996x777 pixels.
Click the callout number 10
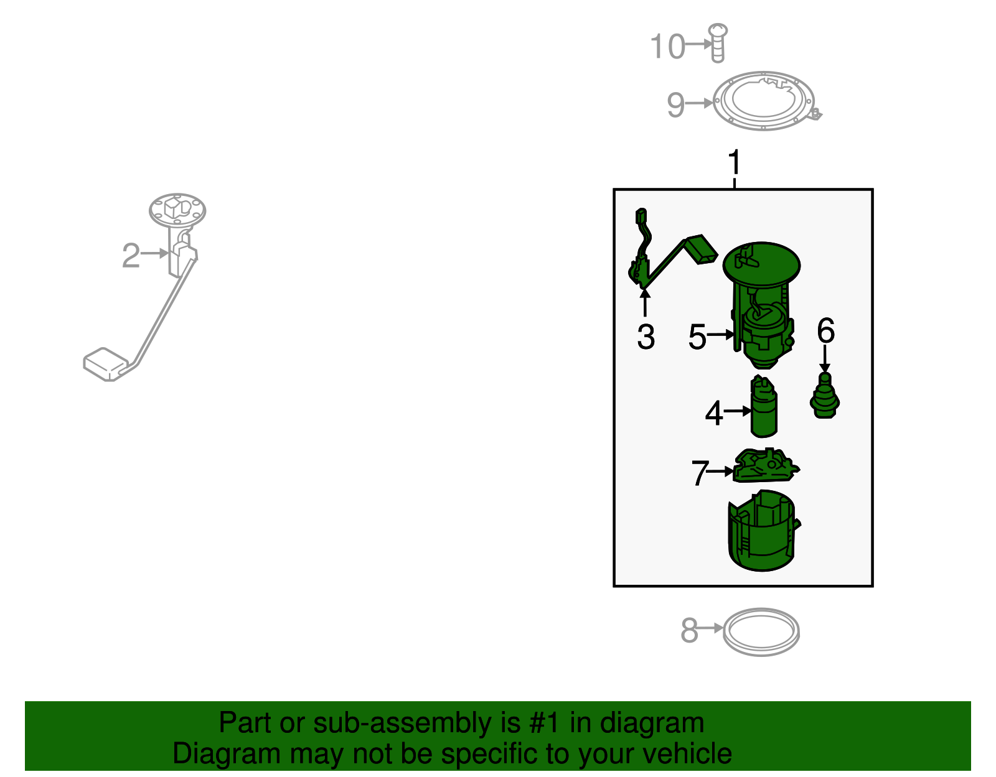667,46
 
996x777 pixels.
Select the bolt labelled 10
717,43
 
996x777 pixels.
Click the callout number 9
676,105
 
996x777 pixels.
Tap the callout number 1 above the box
735,162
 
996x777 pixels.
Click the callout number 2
131,256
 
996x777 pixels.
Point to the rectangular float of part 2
106,364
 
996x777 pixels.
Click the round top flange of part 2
177,210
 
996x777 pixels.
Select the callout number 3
646,337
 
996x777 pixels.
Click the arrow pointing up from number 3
645,303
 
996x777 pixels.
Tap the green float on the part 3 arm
702,249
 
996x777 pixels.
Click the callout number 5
697,337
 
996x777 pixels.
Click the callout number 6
825,330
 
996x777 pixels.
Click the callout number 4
713,413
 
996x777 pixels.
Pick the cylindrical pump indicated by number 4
763,406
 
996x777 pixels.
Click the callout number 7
700,473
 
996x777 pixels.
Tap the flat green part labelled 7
766,465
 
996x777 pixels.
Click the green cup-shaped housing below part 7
762,531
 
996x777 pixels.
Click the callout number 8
689,630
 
